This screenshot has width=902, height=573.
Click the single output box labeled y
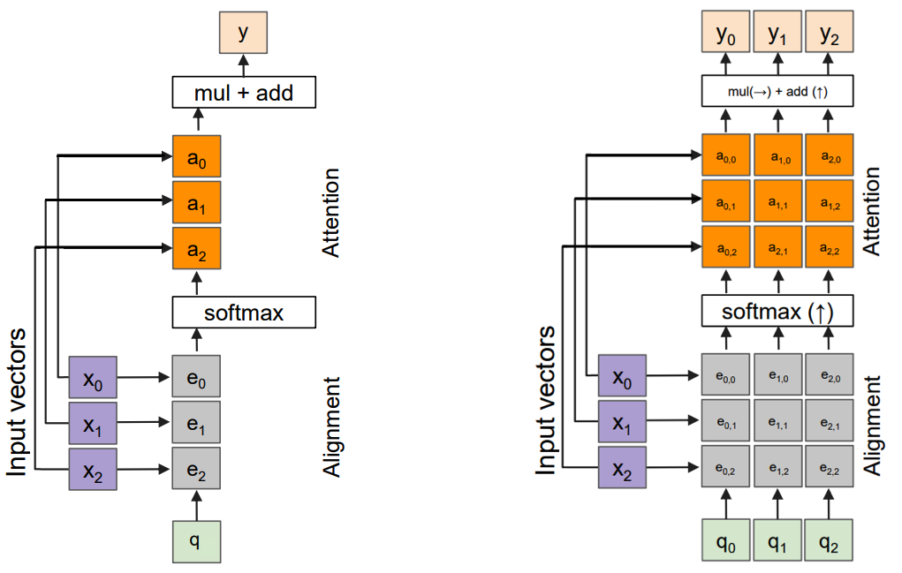[242, 33]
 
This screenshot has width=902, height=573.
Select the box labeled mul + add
[243, 91]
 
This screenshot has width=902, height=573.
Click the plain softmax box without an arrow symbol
[243, 312]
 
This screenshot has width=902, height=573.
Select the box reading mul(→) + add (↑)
[777, 91]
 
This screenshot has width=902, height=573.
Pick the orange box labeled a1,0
[777, 156]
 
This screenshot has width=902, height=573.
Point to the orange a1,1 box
[777, 202]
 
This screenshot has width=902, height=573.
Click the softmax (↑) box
[777, 312]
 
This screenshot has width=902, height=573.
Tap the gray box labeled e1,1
[777, 422]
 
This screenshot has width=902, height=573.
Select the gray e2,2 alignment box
[829, 468]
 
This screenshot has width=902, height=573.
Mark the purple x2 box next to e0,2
[622, 468]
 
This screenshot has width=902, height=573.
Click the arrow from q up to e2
[196, 505]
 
